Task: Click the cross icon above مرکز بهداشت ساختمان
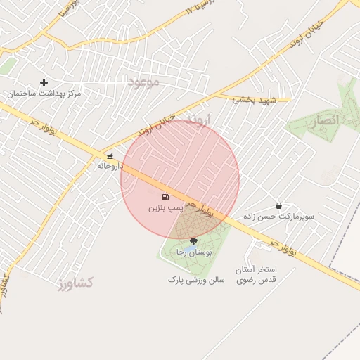(44, 82)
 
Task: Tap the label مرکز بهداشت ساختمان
(44, 94)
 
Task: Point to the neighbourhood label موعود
(144, 82)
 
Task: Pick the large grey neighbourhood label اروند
(199, 121)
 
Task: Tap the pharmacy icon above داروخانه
(110, 156)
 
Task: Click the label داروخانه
(110, 167)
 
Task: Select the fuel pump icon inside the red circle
(165, 198)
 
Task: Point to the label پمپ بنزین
(165, 209)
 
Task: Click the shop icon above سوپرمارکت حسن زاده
(279, 206)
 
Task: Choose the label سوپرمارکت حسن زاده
(279, 217)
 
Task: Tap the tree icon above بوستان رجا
(193, 241)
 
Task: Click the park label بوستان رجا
(191, 252)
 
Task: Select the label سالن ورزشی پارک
(196, 279)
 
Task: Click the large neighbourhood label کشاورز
(76, 283)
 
